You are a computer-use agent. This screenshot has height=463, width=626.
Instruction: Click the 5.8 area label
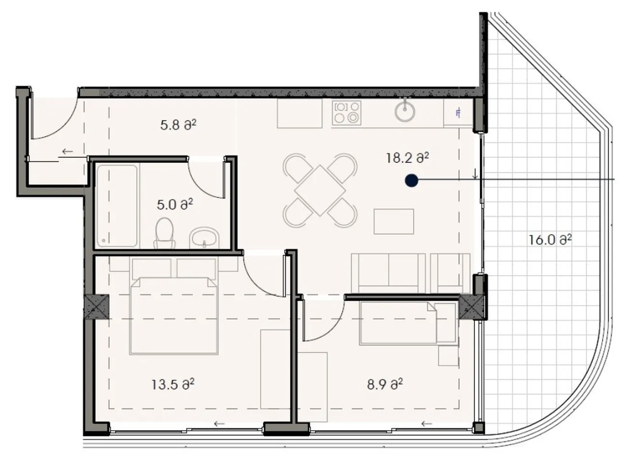(178, 125)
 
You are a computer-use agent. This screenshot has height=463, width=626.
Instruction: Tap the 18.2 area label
(407, 158)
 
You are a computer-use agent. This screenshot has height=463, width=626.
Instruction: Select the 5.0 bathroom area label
(175, 204)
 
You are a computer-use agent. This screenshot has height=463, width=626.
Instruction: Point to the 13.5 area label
(173, 384)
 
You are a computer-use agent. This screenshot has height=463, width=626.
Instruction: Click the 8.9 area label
(385, 384)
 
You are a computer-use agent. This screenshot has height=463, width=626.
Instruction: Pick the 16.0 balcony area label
(550, 240)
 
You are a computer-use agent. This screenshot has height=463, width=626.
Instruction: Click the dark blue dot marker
(412, 180)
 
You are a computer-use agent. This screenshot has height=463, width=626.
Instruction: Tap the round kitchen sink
(405, 110)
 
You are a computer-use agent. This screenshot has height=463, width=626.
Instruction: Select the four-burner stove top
(347, 113)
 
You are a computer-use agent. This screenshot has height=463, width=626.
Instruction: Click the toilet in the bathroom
(164, 233)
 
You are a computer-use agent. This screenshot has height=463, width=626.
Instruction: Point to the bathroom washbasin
(204, 239)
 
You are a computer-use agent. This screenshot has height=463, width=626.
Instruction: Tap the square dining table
(320, 191)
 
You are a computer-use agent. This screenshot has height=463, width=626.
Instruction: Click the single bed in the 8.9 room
(408, 323)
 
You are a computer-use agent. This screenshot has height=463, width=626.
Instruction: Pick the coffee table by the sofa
(394, 221)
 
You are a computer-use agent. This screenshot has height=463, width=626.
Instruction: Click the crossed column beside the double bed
(97, 307)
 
